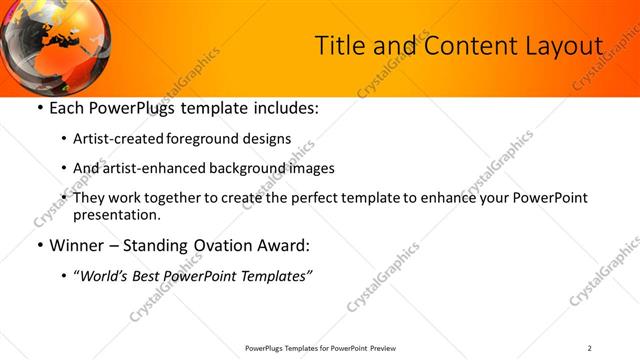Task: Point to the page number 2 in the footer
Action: pyautogui.click(x=590, y=348)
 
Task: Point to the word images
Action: pyautogui.click(x=311, y=169)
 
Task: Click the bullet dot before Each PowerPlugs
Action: pyautogui.click(x=39, y=108)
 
